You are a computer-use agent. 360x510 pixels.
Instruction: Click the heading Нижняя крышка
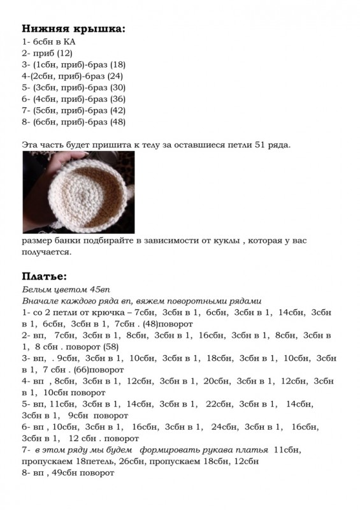[x=73, y=29]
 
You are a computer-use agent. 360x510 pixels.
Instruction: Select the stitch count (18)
[x=118, y=64]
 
